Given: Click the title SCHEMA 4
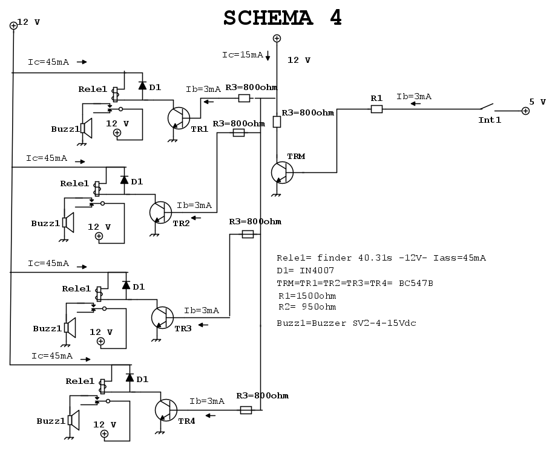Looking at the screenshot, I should coord(283,18).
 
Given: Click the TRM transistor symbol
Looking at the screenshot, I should coord(281,172).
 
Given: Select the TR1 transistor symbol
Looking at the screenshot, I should coord(178,117).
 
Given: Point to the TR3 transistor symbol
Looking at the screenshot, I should coord(162,317).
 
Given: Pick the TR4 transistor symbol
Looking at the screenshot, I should coord(165,409).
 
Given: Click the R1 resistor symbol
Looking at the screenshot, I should coord(376,109).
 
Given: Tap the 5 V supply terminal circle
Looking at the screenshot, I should coord(525,111).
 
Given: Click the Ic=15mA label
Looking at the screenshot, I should coord(242,54).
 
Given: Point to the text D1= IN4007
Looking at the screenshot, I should coord(305,270).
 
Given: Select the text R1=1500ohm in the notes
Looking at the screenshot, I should coord(307,296).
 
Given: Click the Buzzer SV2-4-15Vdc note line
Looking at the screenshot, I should coord(346,323).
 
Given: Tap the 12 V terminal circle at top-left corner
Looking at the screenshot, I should coord(13,25).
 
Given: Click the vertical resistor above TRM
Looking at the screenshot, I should coord(277,122).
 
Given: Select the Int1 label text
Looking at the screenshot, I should coord(490,120).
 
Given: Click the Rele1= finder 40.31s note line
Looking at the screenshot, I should coord(381,258).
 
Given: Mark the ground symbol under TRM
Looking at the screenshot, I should coord(277,195).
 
